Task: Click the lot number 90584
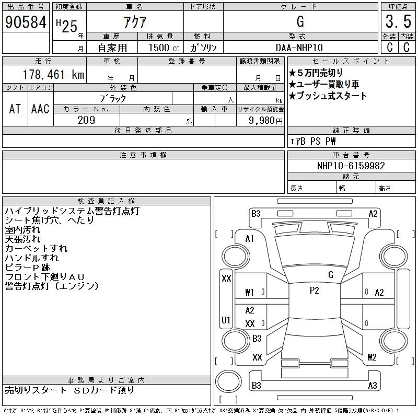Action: tap(26, 22)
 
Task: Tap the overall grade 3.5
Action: tap(398, 21)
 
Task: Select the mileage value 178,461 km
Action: tap(53, 74)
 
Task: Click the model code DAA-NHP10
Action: tap(299, 48)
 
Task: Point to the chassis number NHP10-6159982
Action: tap(351, 166)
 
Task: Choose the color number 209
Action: tap(86, 120)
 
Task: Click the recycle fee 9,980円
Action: tap(265, 121)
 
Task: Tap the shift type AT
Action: tap(15, 109)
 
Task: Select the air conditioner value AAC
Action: tap(40, 109)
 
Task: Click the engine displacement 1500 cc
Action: tap(164, 48)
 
